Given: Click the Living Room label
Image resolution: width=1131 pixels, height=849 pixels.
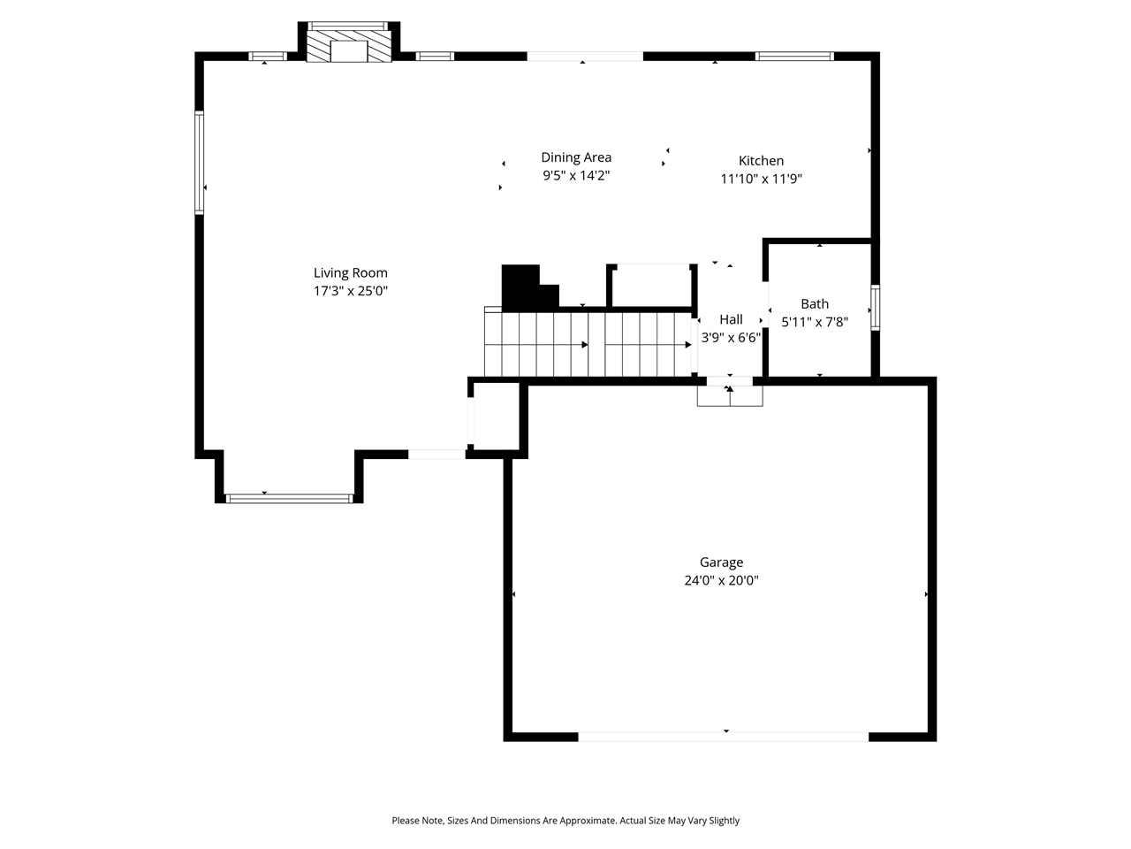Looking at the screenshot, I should (x=351, y=273).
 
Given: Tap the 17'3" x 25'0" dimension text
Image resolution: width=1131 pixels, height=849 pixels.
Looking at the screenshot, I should (x=351, y=291).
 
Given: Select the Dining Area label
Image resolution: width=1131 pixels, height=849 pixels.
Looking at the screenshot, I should (x=576, y=157).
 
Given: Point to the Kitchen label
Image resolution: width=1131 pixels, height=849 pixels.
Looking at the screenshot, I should (x=761, y=161).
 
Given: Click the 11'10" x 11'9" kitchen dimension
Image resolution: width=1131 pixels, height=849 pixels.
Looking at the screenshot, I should (x=761, y=179).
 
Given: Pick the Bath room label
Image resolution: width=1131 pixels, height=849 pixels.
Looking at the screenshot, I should (x=815, y=304).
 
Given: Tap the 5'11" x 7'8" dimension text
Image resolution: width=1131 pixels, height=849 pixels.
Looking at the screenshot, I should (x=815, y=322).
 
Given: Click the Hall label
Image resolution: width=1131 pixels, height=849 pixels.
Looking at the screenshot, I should (x=731, y=319).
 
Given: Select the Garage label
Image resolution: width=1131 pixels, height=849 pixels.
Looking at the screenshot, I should (x=721, y=562).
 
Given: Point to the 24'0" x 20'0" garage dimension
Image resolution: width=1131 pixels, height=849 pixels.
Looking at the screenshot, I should (x=721, y=581).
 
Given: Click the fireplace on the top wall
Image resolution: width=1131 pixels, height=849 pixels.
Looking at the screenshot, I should (x=349, y=45).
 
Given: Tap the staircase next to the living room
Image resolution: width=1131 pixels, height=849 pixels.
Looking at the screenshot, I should (x=587, y=343).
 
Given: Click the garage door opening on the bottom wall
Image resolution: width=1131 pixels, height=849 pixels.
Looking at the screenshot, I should (x=723, y=736).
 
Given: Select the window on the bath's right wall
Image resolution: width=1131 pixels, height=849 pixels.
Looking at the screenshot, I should (x=875, y=307).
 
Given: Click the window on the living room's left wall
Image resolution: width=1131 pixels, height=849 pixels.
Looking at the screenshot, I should (x=200, y=163).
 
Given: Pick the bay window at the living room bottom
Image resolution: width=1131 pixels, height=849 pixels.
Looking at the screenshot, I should (x=290, y=499).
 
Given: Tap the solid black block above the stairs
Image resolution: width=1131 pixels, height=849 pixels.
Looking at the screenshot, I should (x=521, y=286).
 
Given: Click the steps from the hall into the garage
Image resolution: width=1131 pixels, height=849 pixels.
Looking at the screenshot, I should (x=730, y=395).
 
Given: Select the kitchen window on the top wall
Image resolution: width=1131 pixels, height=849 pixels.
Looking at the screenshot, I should (x=794, y=57).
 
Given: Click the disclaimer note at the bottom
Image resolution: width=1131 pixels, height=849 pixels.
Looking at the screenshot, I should (x=565, y=821).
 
